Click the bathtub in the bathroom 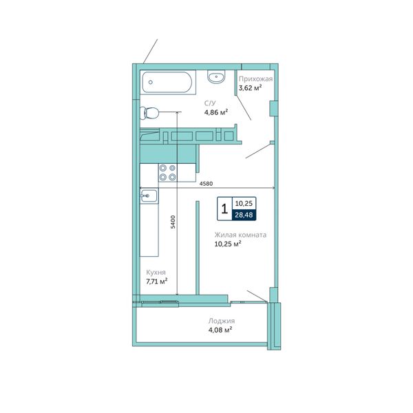168,82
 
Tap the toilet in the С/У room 149,114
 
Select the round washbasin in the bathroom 216,76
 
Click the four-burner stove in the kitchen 168,173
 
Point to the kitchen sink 149,195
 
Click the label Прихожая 255,78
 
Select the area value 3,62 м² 250,87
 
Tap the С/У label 210,103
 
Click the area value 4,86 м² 216,112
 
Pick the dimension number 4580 206,184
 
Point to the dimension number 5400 173,222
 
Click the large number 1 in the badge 224,209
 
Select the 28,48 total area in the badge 244,215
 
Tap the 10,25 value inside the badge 244,203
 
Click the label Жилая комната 240,235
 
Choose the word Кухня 156,273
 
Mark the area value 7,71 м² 157,282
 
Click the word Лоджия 221,321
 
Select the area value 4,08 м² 220,330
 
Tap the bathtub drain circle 150,82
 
